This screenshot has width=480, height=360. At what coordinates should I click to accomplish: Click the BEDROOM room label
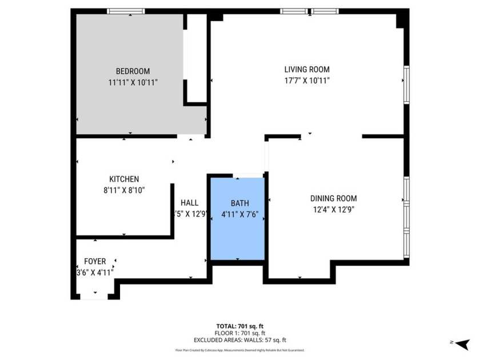pos(133,71)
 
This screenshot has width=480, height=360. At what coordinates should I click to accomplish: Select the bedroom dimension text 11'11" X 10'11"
pos(133,82)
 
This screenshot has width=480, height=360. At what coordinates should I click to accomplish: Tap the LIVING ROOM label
pos(307,70)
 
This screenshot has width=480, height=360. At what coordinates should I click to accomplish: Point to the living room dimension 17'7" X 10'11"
pos(307,81)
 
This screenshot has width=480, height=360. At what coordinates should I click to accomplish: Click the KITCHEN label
pos(124,179)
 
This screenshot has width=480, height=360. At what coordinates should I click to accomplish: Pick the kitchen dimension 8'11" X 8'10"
pos(124,190)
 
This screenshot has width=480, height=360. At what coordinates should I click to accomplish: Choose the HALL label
pos(190,203)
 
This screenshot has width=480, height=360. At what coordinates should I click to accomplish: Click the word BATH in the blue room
pos(240,203)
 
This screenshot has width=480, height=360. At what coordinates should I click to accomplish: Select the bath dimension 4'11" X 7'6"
pos(240,215)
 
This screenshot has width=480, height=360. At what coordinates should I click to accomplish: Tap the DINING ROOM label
pos(334,199)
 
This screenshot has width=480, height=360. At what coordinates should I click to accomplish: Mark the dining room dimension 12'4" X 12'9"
pos(334,210)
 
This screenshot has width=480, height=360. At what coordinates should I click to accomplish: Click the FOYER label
pos(95,262)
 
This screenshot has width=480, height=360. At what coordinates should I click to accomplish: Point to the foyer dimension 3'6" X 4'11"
pos(95,273)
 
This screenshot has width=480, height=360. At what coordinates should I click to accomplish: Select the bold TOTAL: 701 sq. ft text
pos(239,326)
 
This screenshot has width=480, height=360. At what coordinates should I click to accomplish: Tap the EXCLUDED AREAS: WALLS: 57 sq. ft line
pos(239,339)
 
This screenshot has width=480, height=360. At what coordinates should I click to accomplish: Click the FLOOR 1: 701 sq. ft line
pos(239,333)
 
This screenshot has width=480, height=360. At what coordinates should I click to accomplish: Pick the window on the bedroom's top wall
pos(126,11)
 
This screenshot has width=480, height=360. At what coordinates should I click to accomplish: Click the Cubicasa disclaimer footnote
pos(239,350)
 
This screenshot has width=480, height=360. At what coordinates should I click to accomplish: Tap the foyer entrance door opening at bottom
pos(94,296)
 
